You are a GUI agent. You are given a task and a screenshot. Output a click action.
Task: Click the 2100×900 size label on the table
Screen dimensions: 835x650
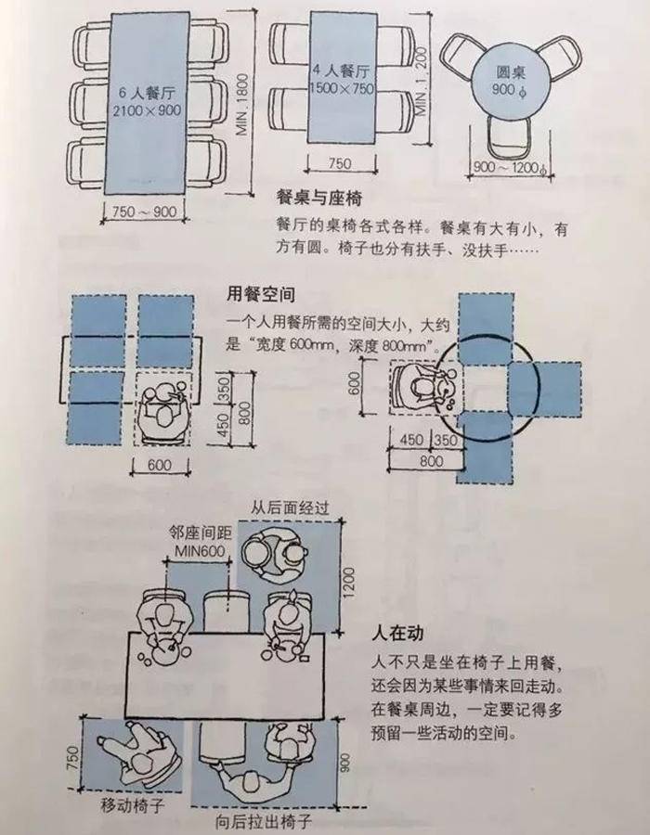(147, 110)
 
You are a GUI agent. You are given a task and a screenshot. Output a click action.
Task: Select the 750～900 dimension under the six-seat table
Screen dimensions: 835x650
(143, 212)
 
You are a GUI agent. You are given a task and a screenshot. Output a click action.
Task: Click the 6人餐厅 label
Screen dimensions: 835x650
(145, 93)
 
